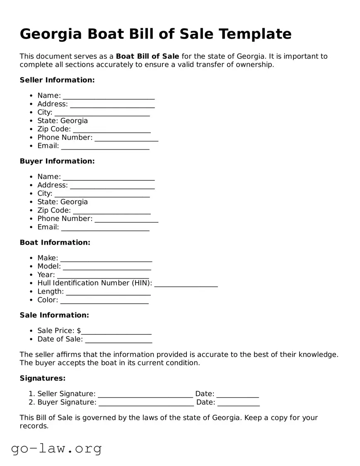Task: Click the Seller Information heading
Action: pos(57,80)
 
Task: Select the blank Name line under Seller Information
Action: pos(109,97)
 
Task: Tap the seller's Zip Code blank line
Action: pos(111,130)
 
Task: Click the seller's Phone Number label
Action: pos(65,137)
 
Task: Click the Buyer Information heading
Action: pos(57,161)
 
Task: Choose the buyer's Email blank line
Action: pos(105,228)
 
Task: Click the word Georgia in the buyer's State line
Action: pos(74,202)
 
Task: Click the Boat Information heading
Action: pos(55,243)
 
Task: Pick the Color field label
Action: pos(48,300)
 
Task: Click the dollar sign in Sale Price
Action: pos(79,330)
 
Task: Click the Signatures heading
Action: pos(42,379)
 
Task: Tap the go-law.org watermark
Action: pos(56,448)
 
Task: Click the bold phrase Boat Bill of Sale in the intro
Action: pos(147,56)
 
